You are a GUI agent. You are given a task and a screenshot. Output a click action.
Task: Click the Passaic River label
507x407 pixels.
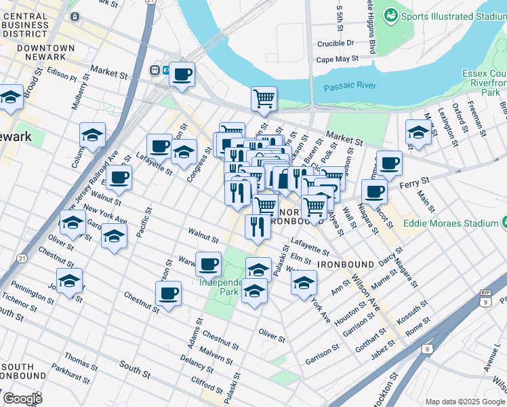tap(350, 88)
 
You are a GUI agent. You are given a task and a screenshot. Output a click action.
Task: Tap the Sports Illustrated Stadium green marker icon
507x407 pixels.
tap(391, 15)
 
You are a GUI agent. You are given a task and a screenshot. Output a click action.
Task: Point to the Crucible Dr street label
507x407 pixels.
tap(336, 43)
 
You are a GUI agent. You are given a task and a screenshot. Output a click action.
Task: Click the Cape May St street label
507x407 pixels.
tap(337, 59)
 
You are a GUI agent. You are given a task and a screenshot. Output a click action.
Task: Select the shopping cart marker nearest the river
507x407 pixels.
tap(264, 98)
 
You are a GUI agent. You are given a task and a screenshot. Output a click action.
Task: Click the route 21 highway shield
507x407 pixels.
tap(22, 258)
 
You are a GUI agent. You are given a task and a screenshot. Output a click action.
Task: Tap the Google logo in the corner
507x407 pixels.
tap(22, 399)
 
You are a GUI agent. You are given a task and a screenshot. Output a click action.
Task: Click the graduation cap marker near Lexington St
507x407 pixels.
tap(418, 132)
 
